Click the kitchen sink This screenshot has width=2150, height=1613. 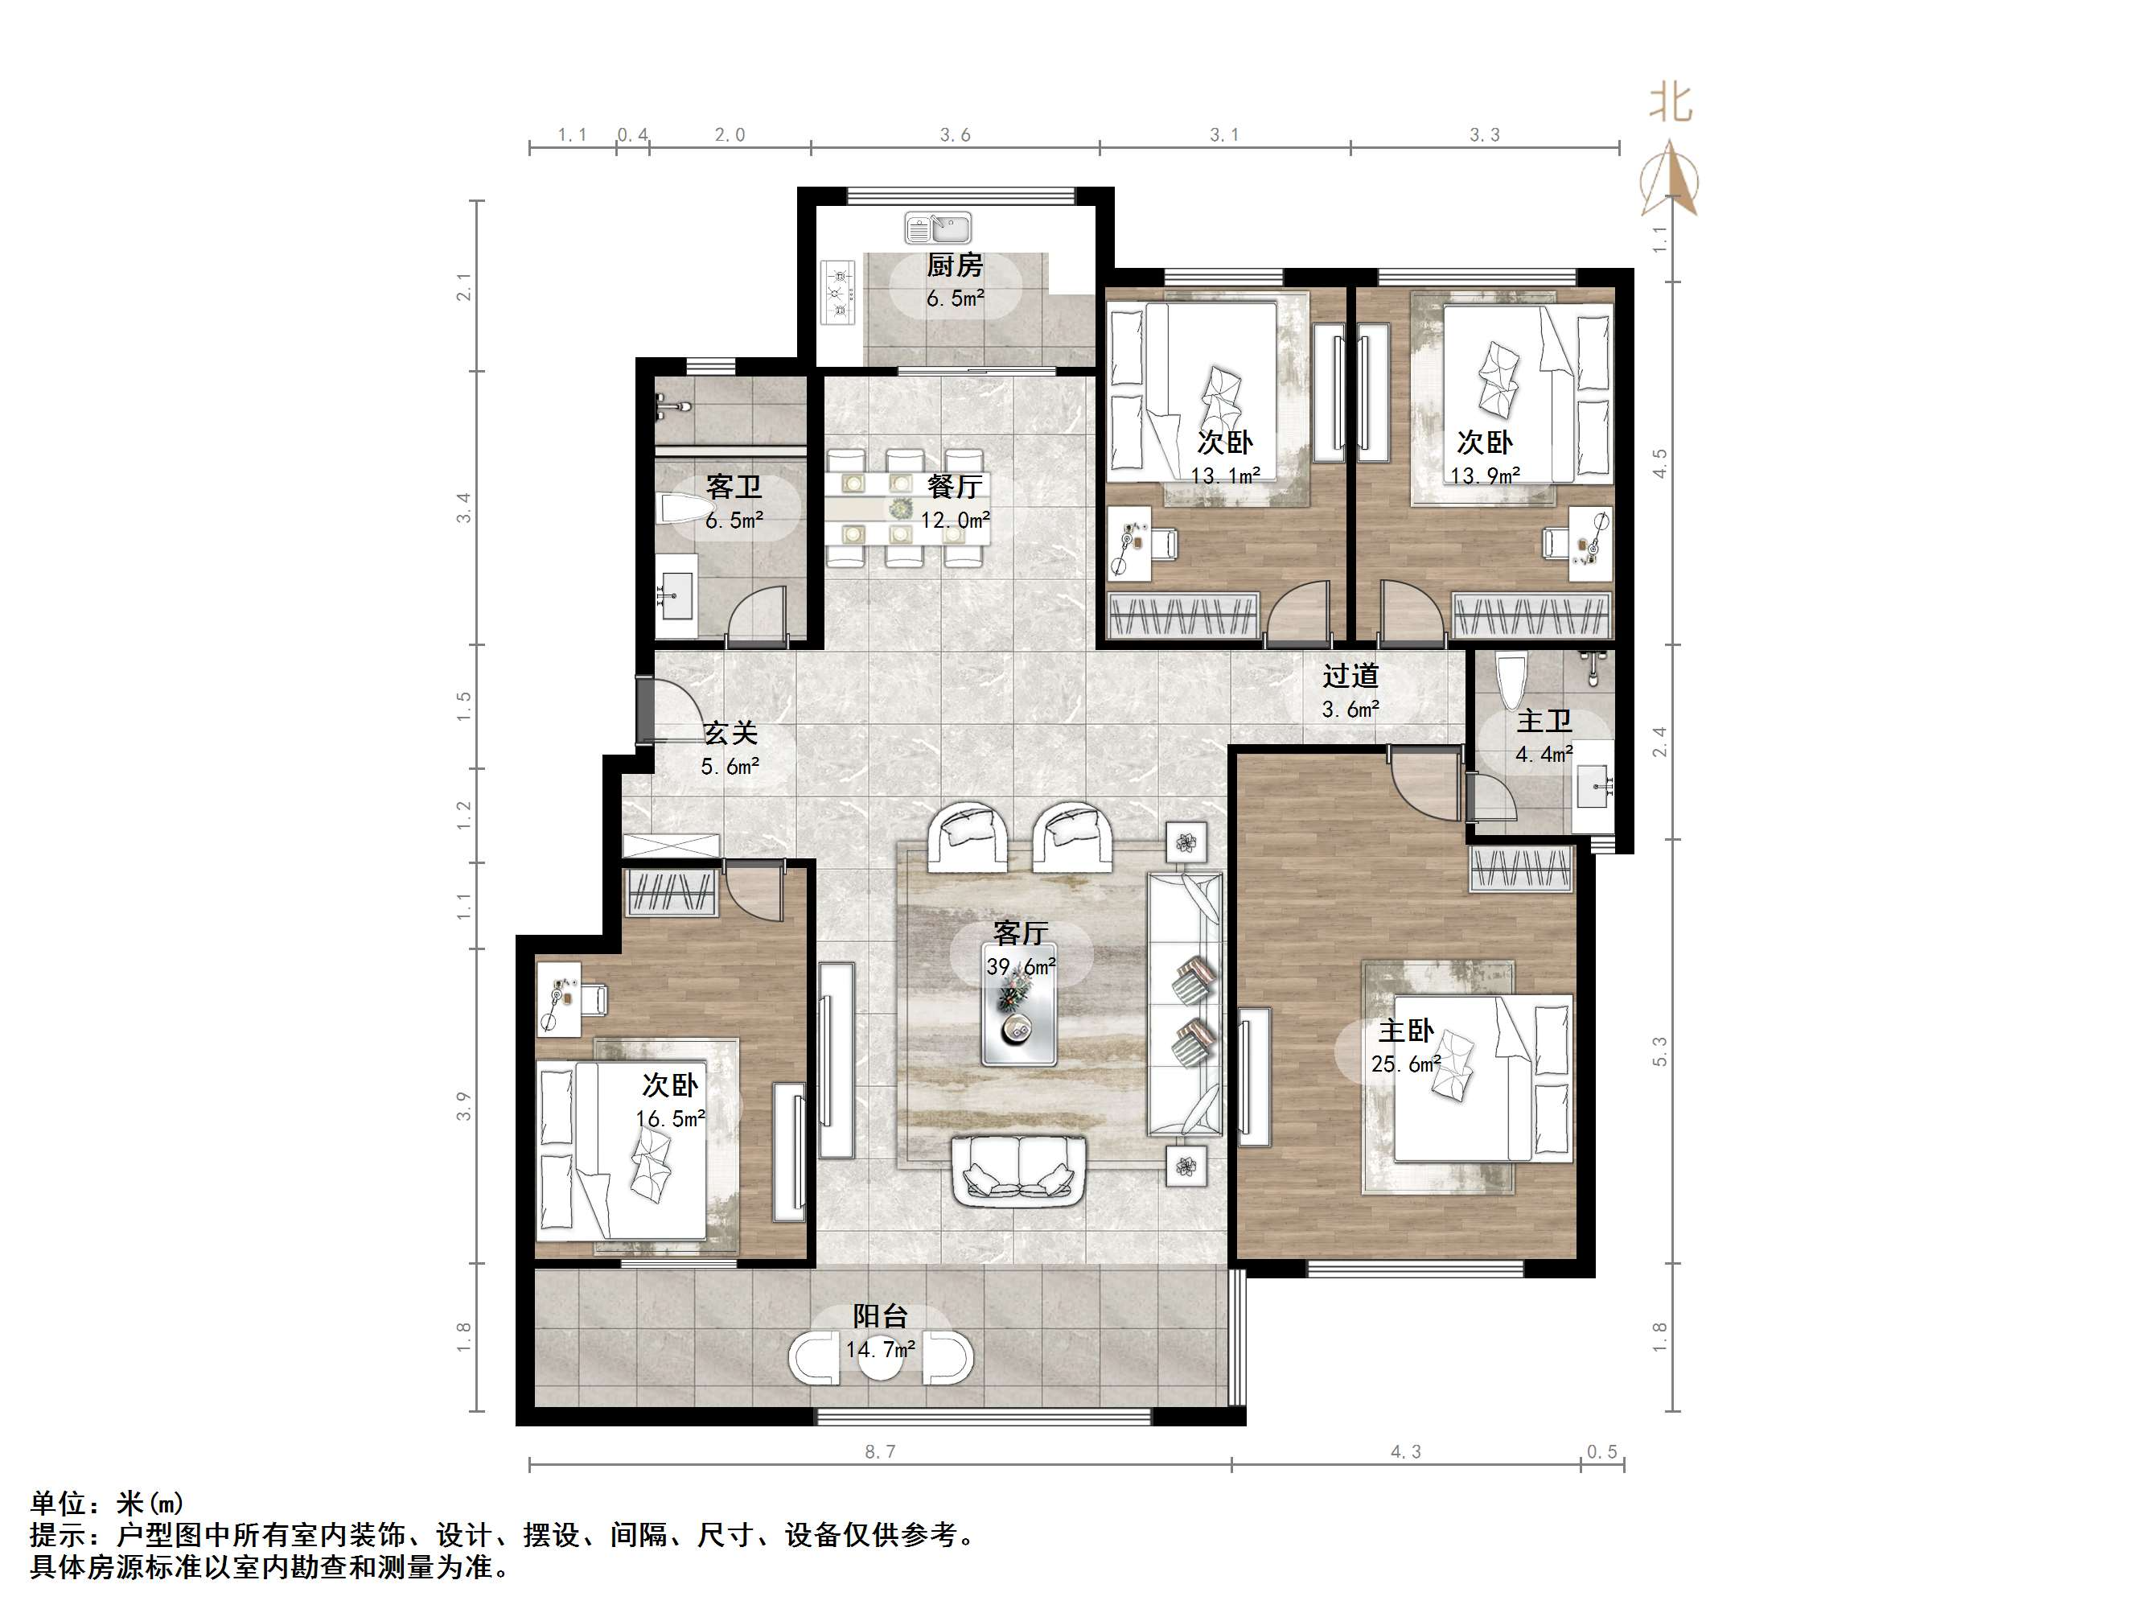coord(938,228)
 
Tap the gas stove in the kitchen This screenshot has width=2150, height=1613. coord(839,292)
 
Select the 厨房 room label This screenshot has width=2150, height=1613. coord(955,265)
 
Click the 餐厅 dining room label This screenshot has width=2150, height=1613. coord(955,485)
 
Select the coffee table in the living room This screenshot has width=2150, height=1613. coord(1018,1004)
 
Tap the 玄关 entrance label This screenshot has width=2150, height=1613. coord(730,732)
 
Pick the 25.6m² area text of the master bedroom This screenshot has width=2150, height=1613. coord(1405,1064)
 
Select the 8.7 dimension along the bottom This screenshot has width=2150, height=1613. coord(880,1451)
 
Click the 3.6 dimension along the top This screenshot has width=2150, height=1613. coord(955,135)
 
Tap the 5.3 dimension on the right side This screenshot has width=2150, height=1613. coord(1659,1051)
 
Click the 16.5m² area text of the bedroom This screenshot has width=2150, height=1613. coord(671,1119)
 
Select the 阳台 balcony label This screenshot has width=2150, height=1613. coord(881,1316)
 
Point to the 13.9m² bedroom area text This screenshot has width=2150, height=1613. coord(1485,476)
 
